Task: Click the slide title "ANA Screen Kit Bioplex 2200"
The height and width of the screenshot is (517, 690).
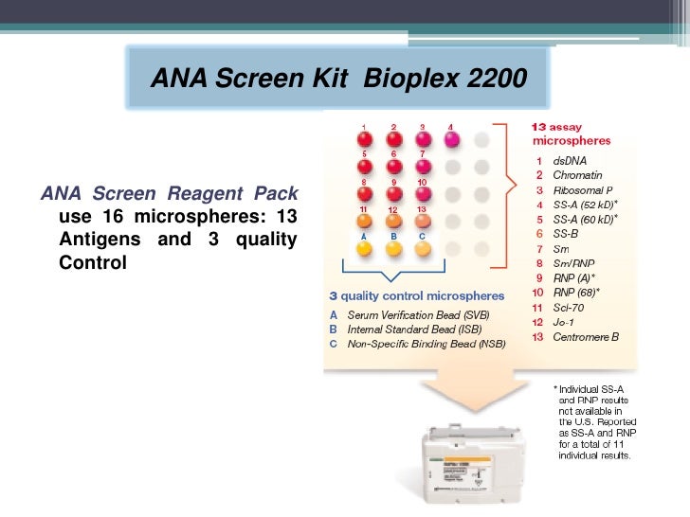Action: pos(337,77)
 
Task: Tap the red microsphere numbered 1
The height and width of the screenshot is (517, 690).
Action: pos(364,139)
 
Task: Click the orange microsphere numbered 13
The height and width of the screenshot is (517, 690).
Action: pos(423,222)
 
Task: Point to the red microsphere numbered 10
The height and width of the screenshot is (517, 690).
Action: pos(423,194)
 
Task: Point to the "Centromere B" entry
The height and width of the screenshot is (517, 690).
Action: pos(587,337)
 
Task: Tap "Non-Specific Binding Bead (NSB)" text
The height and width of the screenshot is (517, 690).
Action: pos(427,344)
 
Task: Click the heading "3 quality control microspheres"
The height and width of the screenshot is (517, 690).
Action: pos(424,297)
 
